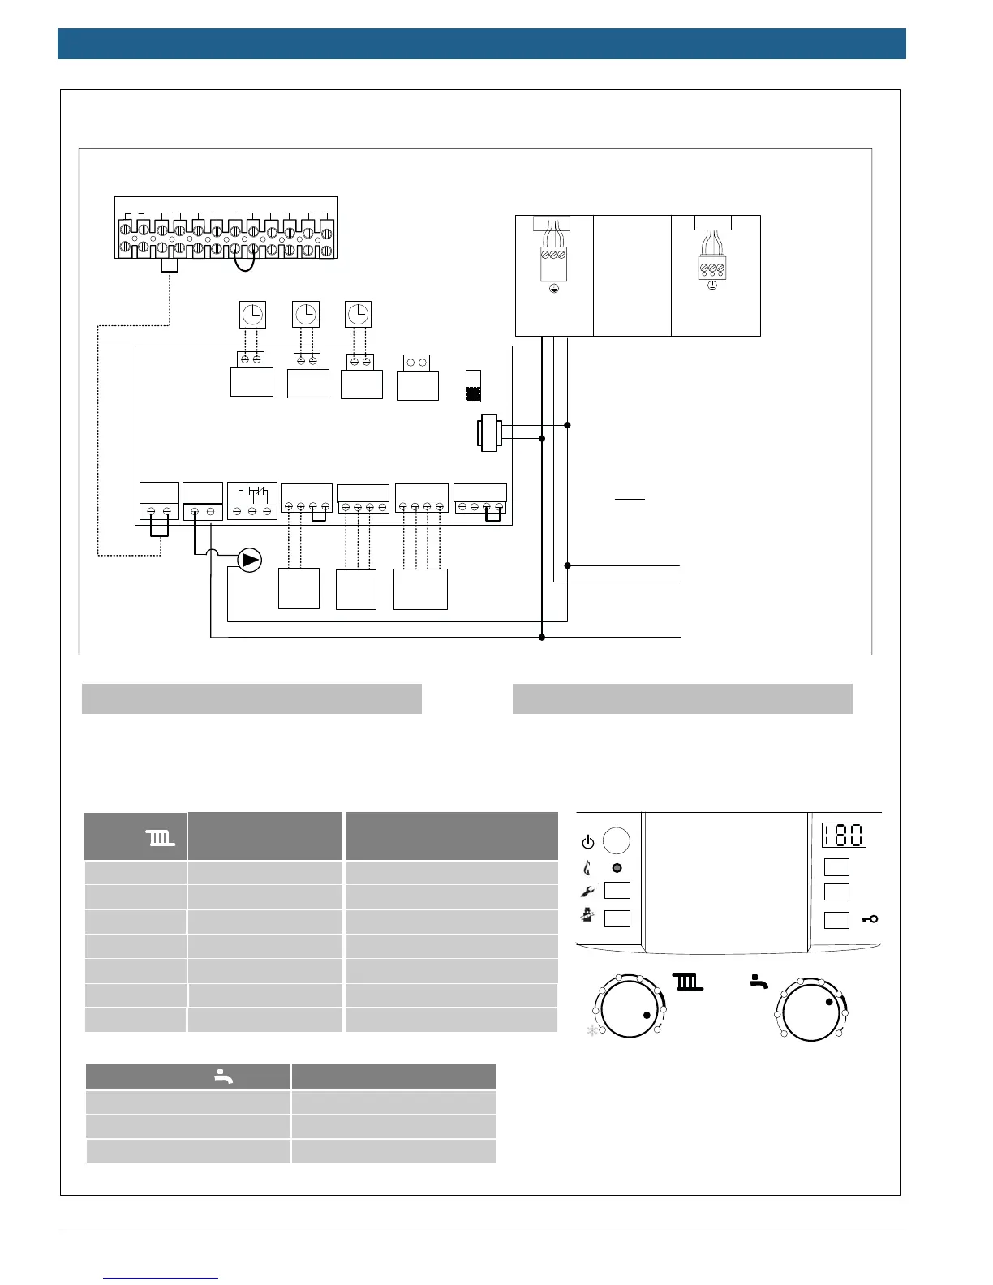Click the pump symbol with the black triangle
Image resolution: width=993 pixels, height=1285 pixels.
[x=250, y=561]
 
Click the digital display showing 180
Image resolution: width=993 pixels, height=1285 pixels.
[x=844, y=835]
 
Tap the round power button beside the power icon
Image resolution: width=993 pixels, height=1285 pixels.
[x=617, y=840]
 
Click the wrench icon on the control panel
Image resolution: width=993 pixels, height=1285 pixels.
[x=588, y=891]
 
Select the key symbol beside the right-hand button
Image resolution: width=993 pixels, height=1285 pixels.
[x=870, y=919]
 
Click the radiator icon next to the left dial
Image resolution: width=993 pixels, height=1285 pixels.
[x=688, y=982]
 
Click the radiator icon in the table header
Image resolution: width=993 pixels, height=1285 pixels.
[x=160, y=837]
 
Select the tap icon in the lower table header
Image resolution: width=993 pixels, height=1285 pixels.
[x=223, y=1077]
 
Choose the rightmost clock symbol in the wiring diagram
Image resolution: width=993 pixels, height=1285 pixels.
[x=358, y=313]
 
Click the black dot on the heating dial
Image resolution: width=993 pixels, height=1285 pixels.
[x=647, y=1016]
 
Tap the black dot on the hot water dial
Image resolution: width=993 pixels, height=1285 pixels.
[x=829, y=1002]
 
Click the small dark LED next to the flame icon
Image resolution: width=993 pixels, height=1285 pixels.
[x=617, y=867]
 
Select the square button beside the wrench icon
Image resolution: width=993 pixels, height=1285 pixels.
[x=617, y=891]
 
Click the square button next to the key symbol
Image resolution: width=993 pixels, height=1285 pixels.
[x=836, y=919]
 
